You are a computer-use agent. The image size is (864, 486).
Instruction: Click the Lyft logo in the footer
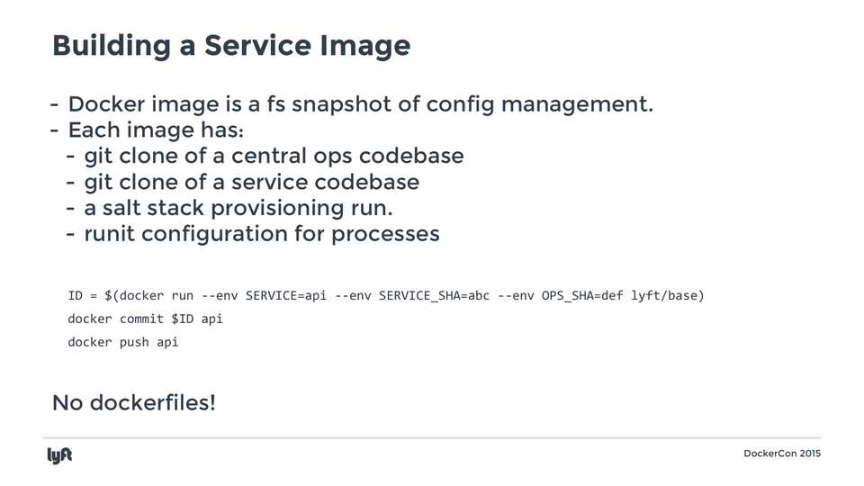coord(59,455)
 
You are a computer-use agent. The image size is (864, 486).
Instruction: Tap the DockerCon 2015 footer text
coord(782,454)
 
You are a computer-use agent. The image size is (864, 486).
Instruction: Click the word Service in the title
coord(258,45)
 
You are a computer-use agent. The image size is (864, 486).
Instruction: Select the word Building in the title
coord(112,46)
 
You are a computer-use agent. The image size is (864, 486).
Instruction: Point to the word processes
coord(385,235)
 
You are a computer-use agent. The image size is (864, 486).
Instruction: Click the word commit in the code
coord(141,319)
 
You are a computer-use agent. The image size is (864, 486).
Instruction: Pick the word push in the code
coord(134,343)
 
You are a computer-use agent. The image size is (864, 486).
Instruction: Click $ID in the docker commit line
coord(183,319)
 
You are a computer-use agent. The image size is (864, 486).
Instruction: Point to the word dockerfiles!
coord(153,403)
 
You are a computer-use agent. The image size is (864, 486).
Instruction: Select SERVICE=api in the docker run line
coord(286,296)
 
